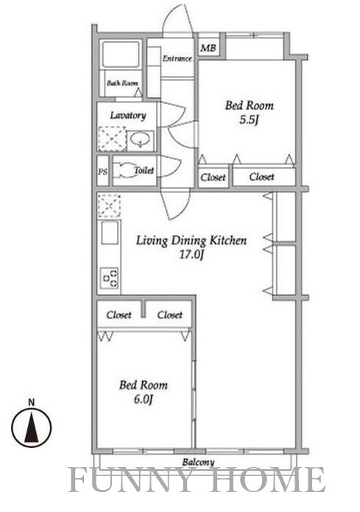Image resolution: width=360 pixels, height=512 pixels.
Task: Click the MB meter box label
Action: click(208, 49)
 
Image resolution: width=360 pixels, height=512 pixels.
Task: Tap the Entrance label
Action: click(177, 59)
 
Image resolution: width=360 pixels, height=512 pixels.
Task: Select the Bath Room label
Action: click(122, 83)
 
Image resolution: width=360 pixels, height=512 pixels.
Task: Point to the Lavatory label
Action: click(128, 115)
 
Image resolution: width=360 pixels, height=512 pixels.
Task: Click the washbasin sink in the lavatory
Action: click(141, 140)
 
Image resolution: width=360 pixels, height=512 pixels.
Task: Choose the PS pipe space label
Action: click(102, 172)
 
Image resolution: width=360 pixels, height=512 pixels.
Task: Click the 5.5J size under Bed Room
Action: click(249, 120)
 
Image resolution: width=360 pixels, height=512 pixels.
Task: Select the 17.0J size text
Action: click(191, 255)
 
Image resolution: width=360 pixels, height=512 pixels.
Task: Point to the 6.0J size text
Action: click(144, 399)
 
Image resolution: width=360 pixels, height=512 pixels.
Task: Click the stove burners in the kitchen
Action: click(110, 278)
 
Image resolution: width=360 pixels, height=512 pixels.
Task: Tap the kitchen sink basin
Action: click(110, 233)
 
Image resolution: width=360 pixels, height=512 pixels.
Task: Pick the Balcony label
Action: click(198, 463)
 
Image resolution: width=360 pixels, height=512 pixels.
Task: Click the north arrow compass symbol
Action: click(32, 426)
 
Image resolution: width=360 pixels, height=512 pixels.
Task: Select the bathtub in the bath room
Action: click(121, 54)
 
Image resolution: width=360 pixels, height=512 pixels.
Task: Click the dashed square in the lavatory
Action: click(113, 138)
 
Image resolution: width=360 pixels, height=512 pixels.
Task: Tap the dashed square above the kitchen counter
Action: click(109, 206)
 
